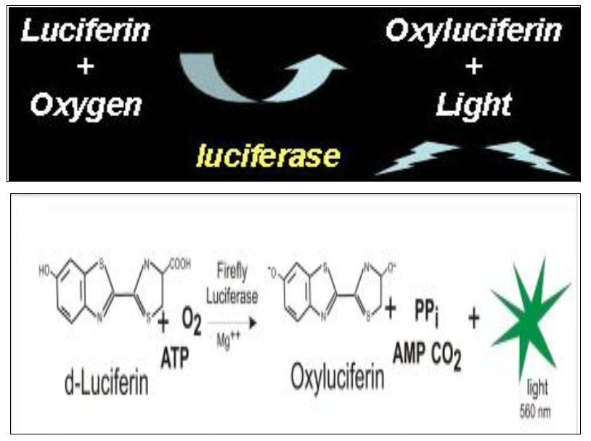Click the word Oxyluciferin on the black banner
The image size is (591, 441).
coord(474,31)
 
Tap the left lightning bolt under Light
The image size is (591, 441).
coord(417,159)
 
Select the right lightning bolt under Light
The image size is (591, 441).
coord(527,158)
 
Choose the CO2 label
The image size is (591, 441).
coord(449,356)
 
